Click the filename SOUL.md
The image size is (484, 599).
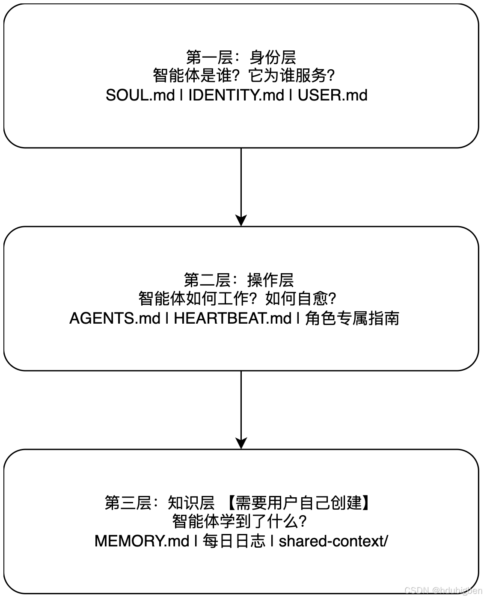tap(140, 95)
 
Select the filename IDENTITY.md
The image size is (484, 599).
tap(236, 95)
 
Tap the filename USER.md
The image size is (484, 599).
tap(333, 95)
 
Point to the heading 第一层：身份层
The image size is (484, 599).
tap(241, 57)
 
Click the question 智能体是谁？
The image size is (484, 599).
tap(197, 76)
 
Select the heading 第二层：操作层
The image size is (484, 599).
tap(239, 280)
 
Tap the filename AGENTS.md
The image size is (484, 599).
tap(115, 318)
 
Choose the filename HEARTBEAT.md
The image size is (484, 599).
tap(233, 318)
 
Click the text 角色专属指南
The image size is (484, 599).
tap(352, 318)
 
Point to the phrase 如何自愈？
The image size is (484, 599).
tap(301, 299)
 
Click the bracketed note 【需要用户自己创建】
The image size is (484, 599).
tap(298, 503)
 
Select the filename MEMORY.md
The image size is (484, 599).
tap(142, 541)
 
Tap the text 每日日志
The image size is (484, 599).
tap(234, 541)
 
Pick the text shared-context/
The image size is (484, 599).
tap(333, 541)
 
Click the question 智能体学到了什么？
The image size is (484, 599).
tap(240, 522)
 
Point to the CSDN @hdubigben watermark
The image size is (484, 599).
tap(443, 590)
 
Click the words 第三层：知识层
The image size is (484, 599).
tap(160, 503)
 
